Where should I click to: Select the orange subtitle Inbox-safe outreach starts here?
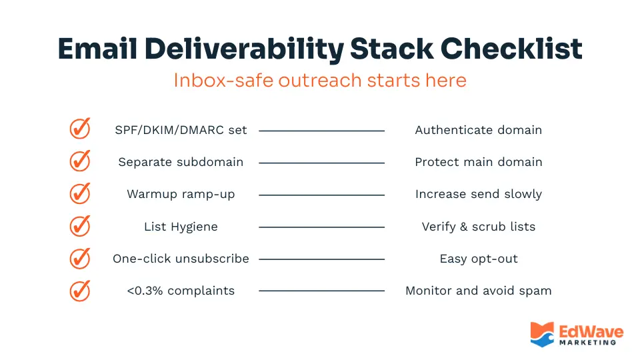[x=320, y=80]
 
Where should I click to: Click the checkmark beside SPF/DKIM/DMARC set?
[x=80, y=129]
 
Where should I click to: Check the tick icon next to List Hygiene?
[x=80, y=226]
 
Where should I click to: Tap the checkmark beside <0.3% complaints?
[x=80, y=291]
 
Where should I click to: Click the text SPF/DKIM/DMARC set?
[x=181, y=130]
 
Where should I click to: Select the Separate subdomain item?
[x=181, y=162]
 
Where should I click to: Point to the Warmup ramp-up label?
[x=181, y=195]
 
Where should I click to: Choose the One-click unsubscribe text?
[x=181, y=259]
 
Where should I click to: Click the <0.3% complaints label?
[x=181, y=291]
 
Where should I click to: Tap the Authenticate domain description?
[x=478, y=130]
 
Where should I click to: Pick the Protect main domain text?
[x=478, y=162]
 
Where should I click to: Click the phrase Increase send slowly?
[x=478, y=195]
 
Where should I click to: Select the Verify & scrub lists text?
[x=478, y=227]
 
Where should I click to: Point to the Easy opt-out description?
[x=478, y=259]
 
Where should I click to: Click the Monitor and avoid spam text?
[x=478, y=291]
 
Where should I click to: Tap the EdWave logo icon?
[x=542, y=334]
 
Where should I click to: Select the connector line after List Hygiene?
[x=321, y=227]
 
